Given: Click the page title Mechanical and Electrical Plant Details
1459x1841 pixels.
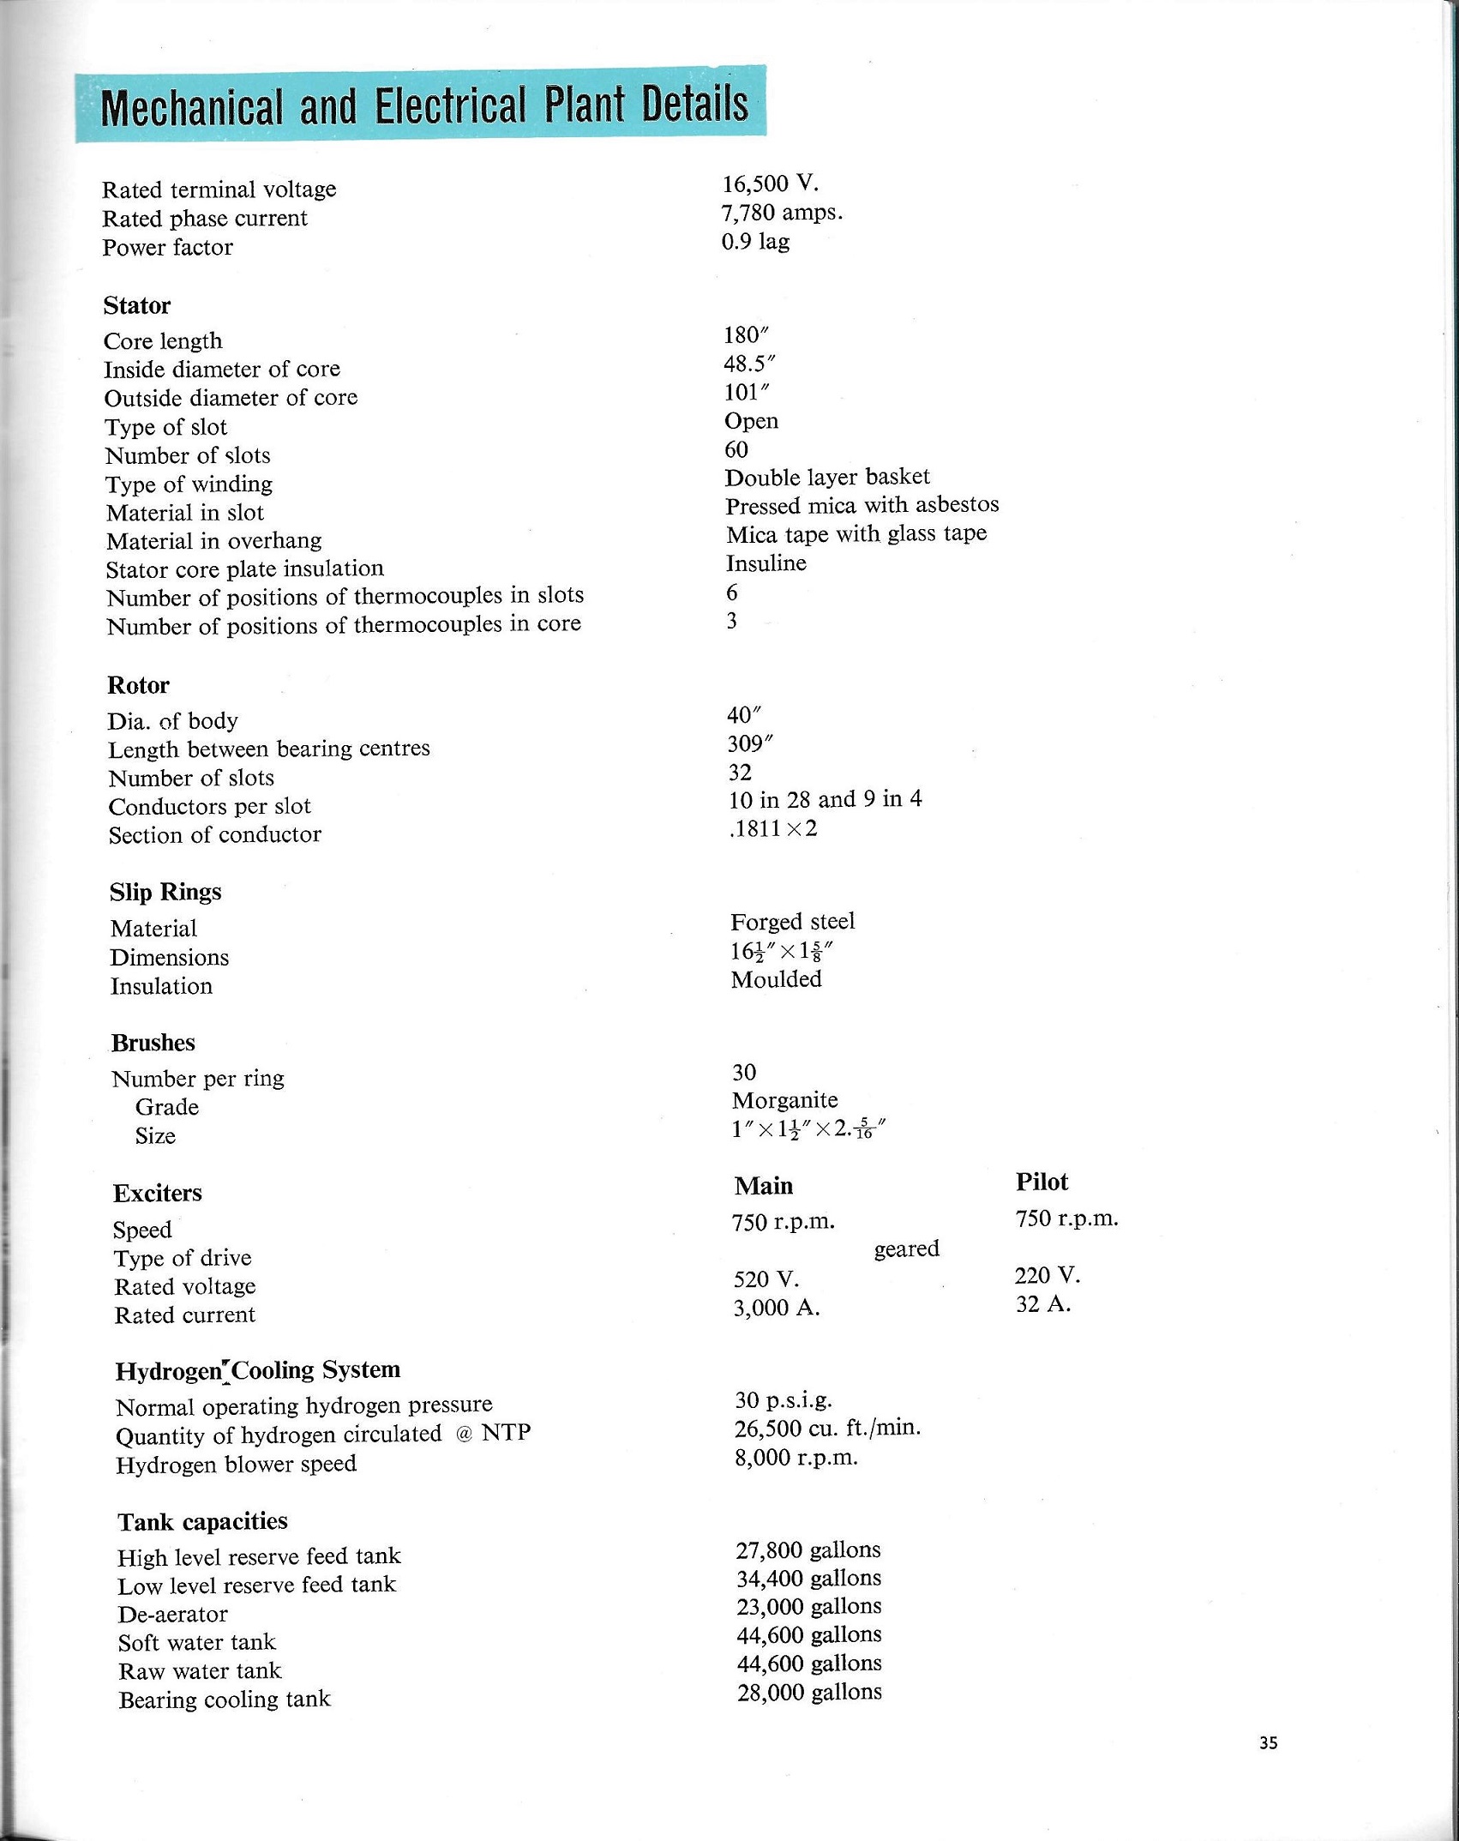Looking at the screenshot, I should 423,105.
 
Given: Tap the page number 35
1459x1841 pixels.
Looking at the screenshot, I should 1269,1742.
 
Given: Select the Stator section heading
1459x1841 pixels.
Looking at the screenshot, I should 137,306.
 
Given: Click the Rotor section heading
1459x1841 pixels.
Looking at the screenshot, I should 138,686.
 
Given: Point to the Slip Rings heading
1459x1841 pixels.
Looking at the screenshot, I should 165,893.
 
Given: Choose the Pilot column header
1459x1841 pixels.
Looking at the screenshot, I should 1042,1182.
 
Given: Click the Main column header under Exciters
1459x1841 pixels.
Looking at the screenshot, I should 764,1186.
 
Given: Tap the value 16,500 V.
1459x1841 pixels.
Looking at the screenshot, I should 770,184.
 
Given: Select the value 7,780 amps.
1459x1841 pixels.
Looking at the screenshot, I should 782,213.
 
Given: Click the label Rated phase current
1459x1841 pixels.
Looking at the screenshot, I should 205,219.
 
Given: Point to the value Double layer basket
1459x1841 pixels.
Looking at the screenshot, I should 827,478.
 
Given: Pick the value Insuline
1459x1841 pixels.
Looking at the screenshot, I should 766,563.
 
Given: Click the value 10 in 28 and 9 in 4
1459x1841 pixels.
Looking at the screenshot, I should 825,800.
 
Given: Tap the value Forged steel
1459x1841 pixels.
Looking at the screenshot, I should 793,922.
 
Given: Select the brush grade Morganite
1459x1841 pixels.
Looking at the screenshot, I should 785,1100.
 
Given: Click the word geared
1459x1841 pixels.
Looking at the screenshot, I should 907,1249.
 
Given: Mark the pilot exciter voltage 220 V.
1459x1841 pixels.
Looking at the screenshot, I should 1048,1276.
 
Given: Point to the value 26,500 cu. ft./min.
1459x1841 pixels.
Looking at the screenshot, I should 827,1429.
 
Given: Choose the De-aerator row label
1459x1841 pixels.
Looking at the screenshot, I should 173,1615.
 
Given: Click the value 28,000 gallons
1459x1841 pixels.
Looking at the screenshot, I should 809,1693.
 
